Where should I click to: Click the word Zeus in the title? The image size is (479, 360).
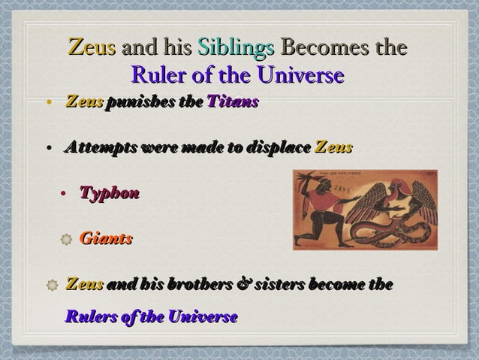(92, 48)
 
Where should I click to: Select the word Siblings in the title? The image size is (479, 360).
(236, 48)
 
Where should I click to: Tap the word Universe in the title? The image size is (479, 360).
(300, 76)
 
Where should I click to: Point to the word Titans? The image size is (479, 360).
(233, 101)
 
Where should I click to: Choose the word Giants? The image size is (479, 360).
(106, 239)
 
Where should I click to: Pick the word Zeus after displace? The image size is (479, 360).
(333, 147)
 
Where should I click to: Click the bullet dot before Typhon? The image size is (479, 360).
(65, 195)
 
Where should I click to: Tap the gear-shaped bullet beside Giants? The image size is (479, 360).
(66, 240)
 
